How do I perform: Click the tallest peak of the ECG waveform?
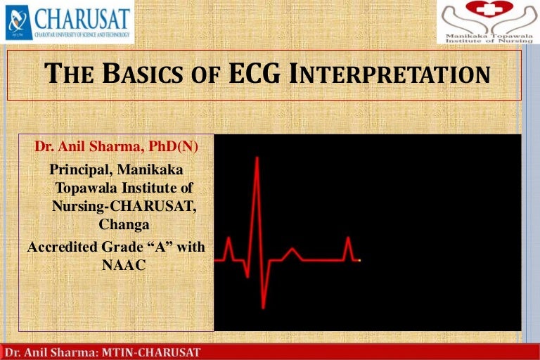pos(257,158)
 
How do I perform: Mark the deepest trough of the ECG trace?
pos(264,307)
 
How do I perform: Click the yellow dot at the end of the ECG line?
pos(359,260)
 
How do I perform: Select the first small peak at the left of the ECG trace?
pos(228,239)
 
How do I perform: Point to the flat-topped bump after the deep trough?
pos(292,249)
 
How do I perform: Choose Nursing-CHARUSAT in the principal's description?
pos(123,206)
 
